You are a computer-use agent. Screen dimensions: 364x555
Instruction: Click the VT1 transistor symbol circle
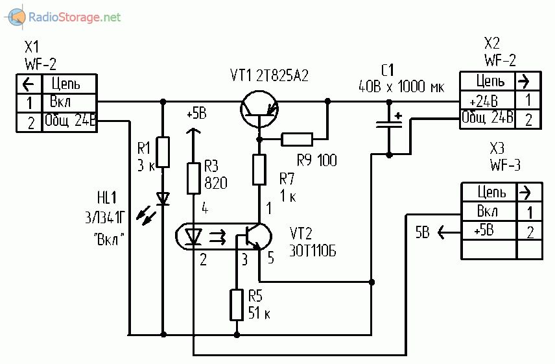click(259, 108)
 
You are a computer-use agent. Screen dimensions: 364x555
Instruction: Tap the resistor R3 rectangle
click(193, 178)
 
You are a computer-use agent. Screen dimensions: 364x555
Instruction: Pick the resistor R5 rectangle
click(237, 306)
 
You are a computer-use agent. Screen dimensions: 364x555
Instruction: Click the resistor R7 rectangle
click(259, 169)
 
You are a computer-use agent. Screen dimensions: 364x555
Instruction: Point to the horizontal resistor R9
click(296, 138)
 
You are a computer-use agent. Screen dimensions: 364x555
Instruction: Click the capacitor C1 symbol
click(389, 124)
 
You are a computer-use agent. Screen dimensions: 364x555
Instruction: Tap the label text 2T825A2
click(285, 76)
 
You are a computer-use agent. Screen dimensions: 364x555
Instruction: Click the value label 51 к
click(259, 313)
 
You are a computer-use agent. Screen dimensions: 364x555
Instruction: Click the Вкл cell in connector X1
click(61, 102)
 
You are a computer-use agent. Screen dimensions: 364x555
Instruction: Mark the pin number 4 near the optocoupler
click(204, 209)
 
